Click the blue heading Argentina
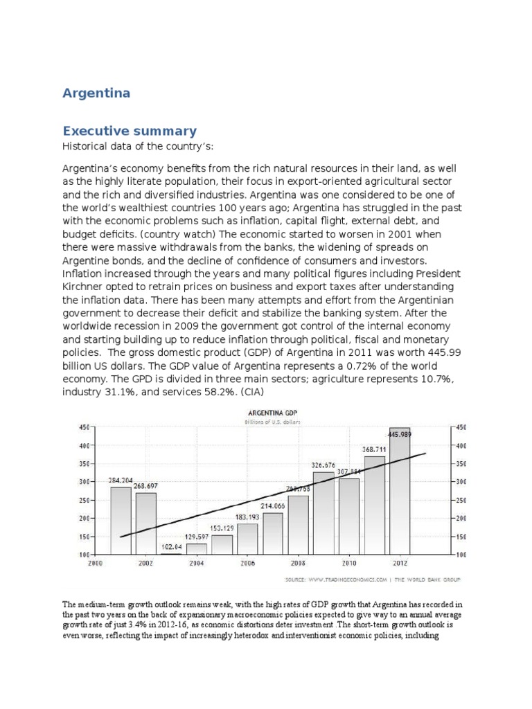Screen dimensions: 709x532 (96, 93)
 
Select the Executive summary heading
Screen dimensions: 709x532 (130, 131)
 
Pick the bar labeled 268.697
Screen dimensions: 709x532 (145, 523)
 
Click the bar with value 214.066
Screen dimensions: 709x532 (273, 533)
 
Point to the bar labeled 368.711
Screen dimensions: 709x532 (374, 505)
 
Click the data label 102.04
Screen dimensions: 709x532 (171, 546)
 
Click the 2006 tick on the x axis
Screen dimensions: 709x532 (247, 564)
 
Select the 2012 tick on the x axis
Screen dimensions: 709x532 (399, 564)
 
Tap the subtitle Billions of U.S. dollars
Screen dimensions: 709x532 (271, 422)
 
